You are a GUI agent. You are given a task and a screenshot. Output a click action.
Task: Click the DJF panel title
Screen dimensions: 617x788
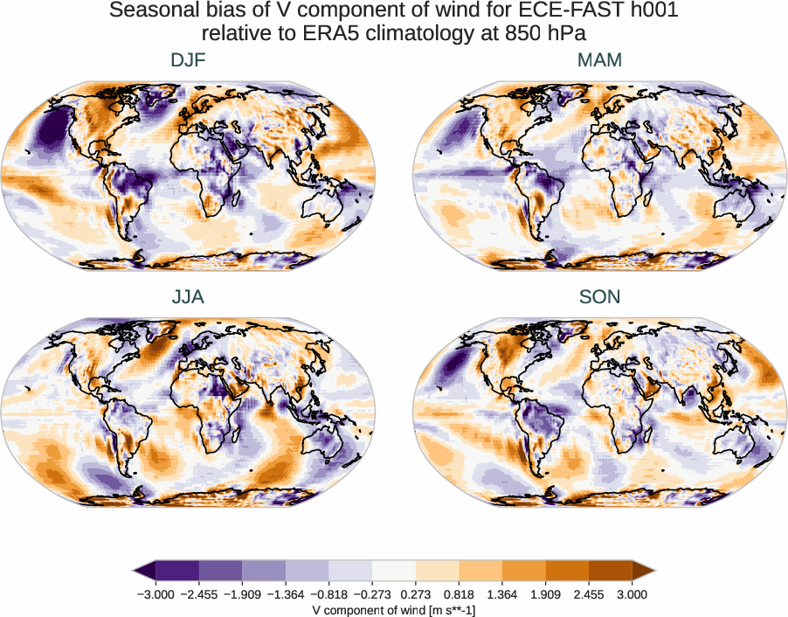tap(188, 60)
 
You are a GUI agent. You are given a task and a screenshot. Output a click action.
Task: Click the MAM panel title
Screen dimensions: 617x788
tap(599, 60)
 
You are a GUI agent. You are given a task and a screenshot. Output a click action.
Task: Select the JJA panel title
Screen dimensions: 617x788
tap(188, 297)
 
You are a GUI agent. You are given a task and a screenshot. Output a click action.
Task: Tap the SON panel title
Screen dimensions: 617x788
tap(599, 297)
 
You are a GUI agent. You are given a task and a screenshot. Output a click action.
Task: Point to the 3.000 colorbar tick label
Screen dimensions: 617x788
tap(632, 594)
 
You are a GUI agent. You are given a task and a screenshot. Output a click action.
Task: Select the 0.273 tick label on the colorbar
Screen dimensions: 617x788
tap(416, 594)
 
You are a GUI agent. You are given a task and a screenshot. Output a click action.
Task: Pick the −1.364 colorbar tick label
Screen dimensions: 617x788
tap(285, 594)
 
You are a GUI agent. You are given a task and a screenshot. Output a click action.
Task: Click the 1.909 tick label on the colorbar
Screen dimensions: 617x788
tap(545, 594)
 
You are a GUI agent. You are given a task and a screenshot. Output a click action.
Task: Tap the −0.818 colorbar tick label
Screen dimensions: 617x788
tap(328, 594)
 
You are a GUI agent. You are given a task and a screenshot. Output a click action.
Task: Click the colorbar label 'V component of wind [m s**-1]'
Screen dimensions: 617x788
tap(394, 610)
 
